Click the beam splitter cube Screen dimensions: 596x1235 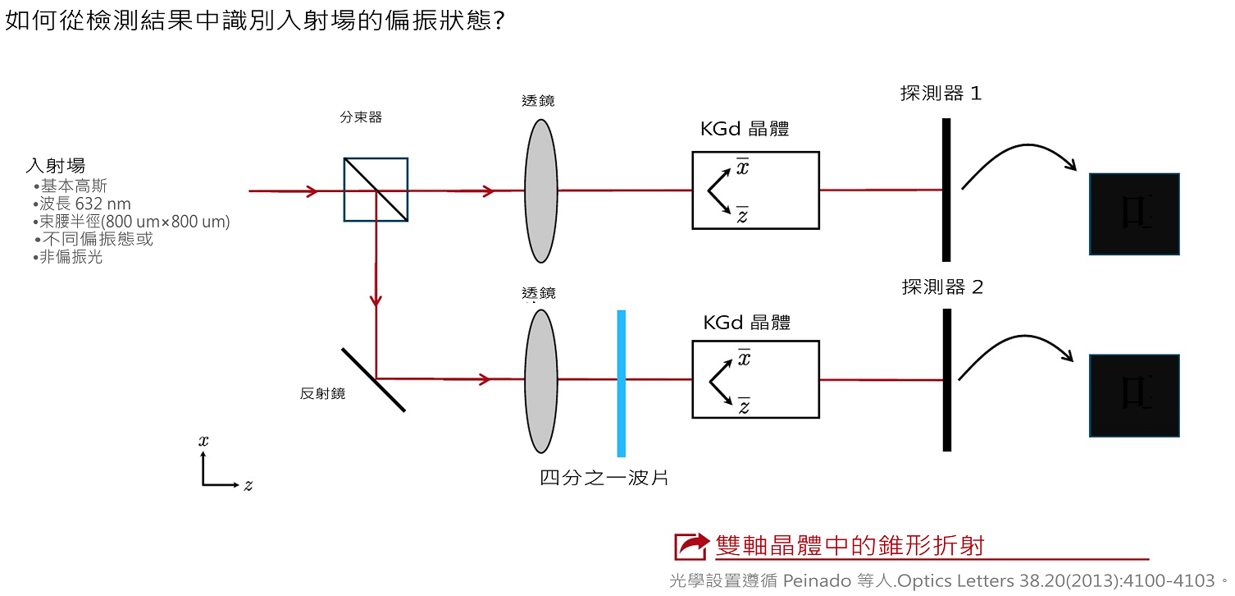point(376,190)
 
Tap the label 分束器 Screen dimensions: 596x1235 point(361,117)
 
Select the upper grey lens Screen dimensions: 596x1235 point(540,190)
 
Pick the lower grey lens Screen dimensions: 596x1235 point(540,380)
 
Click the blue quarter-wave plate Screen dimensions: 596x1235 point(622,383)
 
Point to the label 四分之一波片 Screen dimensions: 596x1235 point(604,477)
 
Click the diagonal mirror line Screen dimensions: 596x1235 point(373,379)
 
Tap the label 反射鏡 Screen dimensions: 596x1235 point(322,394)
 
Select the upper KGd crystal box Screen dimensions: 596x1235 point(755,190)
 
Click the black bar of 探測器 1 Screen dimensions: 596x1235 point(946,190)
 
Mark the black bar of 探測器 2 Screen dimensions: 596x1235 point(946,380)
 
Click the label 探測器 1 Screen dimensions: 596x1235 point(941,94)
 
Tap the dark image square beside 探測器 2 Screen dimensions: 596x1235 point(1133,396)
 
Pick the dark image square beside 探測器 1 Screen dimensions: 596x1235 point(1133,214)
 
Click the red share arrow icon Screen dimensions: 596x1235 point(691,546)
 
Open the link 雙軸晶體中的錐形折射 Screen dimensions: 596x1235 point(849,545)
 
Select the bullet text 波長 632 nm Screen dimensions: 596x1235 point(85,204)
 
